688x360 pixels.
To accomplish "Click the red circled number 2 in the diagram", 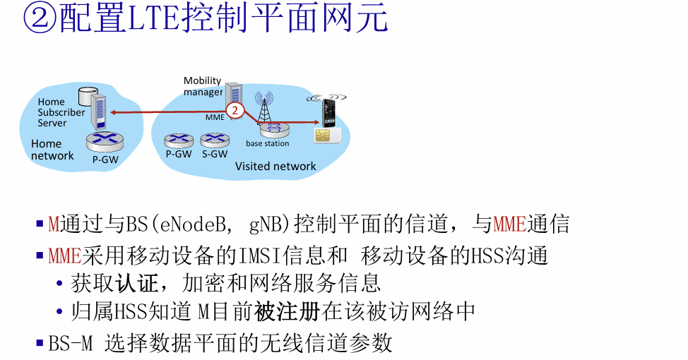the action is coord(235,110).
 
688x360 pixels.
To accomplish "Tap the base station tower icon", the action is coord(264,108).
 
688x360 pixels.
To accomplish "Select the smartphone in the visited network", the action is coord(328,113).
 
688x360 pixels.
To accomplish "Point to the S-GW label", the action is coord(215,154).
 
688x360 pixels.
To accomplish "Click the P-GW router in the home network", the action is coord(105,142).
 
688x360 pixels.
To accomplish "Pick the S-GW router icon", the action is coord(215,140).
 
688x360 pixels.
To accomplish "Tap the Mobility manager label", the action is coord(203,86).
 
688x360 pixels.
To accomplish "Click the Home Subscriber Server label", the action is coord(61,112).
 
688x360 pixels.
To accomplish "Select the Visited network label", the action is coord(275,166).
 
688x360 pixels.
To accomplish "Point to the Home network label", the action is coord(52,150).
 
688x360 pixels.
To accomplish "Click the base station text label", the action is coord(267,143).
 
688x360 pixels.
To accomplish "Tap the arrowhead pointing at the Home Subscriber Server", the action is coord(113,113).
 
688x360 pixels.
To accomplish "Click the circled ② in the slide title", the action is coord(40,19).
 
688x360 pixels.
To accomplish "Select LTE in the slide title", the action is coord(154,19).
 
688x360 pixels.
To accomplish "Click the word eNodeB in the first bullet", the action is coord(193,224).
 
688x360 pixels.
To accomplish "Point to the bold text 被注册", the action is coord(287,312).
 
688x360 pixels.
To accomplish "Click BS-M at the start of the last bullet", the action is coord(71,343).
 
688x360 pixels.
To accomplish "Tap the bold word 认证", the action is coord(136,283).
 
